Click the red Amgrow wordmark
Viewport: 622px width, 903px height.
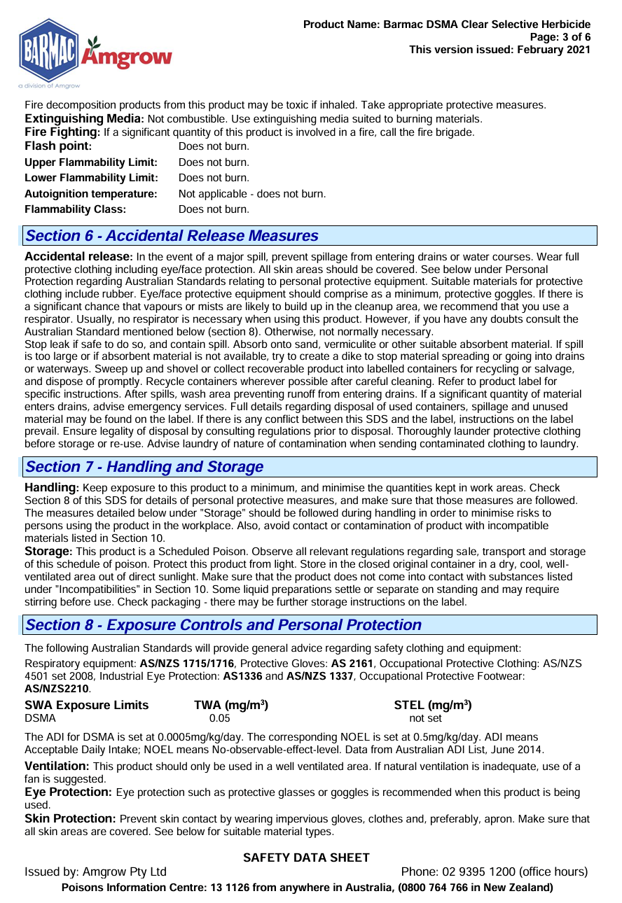coord(128,56)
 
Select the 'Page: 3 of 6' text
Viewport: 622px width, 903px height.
coord(560,37)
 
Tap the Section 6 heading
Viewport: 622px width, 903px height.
coord(172,236)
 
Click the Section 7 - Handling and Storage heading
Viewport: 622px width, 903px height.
coord(144,467)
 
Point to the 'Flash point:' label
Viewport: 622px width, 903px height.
coord(58,146)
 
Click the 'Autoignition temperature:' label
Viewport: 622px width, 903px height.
coord(90,193)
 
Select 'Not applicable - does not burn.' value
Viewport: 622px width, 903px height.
coord(252,193)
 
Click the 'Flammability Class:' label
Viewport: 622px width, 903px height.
coord(75,209)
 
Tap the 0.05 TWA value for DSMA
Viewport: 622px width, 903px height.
coord(219,718)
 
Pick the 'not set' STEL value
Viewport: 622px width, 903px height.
coord(425,718)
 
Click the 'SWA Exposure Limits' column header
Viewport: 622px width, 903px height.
coord(86,705)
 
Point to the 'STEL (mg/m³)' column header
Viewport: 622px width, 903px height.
coord(433,705)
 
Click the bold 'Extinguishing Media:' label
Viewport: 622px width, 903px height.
coord(84,119)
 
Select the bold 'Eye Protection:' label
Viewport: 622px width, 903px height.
coord(68,792)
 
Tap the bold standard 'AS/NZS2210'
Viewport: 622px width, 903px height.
coord(56,689)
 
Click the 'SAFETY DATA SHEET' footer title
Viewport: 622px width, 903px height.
coord(306,858)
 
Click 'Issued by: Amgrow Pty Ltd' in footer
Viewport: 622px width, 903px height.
coord(95,872)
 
